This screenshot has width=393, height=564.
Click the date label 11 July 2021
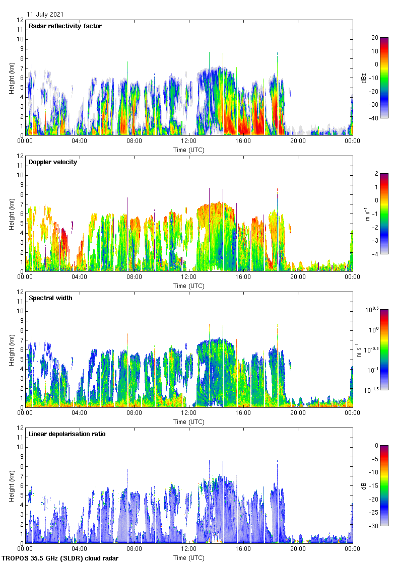45,15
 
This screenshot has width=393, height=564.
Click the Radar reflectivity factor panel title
65,26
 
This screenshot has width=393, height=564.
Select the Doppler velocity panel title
53,162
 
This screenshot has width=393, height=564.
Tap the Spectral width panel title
50,298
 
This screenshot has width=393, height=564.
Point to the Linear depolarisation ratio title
67,434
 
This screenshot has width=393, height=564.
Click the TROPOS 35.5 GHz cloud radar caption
60,558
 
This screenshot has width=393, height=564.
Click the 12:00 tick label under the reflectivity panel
189,141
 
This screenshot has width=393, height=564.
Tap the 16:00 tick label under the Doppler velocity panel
243,277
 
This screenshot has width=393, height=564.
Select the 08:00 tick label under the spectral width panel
134,413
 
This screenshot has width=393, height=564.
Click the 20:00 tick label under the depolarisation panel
298,549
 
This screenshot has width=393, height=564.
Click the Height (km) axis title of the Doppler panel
11,214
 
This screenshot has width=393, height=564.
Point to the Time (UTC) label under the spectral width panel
189,422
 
